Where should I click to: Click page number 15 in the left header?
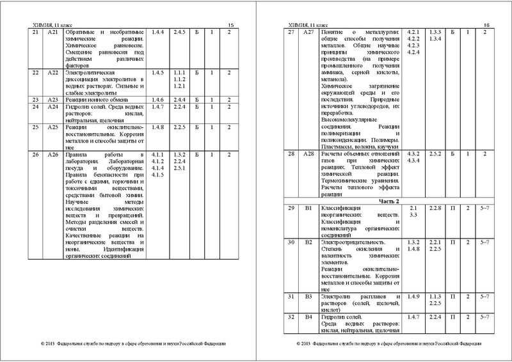[232, 24]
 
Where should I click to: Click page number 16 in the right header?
[485, 24]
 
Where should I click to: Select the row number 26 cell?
[36, 155]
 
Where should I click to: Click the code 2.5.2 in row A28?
[435, 155]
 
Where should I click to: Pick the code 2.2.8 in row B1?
[435, 209]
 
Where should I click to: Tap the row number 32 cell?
[291, 317]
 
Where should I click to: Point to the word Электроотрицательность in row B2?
[353, 243]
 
